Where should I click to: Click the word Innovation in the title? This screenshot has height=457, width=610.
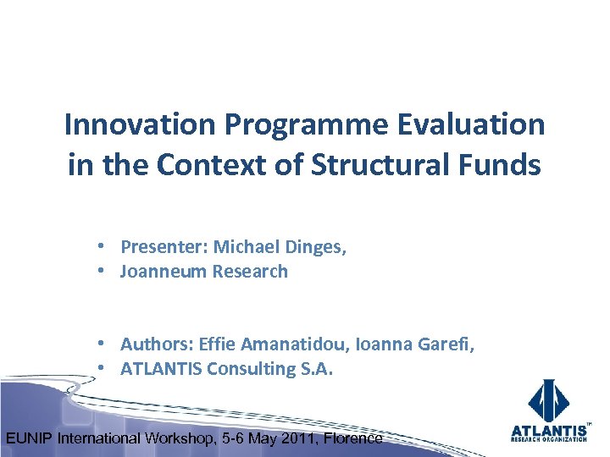click(x=141, y=125)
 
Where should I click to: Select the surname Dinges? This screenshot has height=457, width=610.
click(x=316, y=247)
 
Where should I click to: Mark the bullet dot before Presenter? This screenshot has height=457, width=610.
click(x=100, y=247)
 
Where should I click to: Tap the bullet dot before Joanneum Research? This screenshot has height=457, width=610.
click(x=100, y=272)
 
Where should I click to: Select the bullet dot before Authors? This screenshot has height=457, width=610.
click(x=100, y=344)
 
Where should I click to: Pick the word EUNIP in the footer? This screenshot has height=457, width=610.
click(x=30, y=438)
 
